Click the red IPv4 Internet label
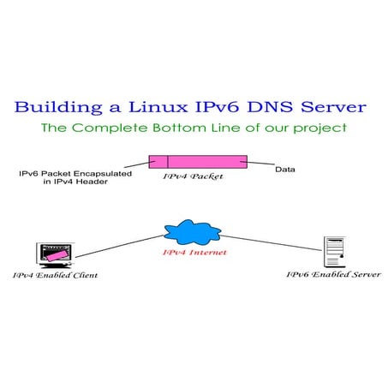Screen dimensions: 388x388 (x=193, y=253)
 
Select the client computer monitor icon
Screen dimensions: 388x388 (x=52, y=254)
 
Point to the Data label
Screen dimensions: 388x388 (x=285, y=169)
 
